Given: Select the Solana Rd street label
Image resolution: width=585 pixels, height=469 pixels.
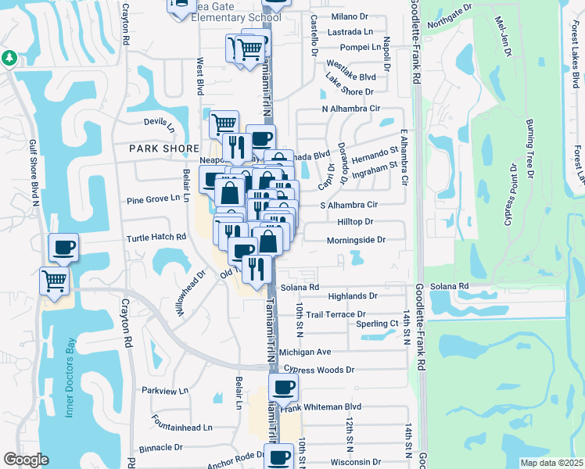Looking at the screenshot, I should [304, 287].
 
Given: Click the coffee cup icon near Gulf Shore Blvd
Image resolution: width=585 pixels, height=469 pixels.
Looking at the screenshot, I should [63, 248].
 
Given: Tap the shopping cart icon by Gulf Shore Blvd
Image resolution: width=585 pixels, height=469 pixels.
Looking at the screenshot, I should [54, 279].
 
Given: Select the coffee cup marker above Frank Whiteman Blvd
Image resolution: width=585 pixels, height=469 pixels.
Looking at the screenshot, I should [283, 386].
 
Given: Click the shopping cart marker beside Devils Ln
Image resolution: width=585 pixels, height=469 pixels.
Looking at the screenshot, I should [224, 123].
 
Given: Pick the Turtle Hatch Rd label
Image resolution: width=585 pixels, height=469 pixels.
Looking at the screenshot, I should [157, 237].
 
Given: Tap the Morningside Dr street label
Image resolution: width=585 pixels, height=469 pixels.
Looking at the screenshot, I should [356, 240].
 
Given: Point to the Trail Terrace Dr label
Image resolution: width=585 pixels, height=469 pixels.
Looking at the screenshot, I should [336, 314].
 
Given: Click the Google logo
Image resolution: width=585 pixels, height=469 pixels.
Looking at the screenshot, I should [27, 460].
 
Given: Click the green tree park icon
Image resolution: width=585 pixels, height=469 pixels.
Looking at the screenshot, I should [9, 58].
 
